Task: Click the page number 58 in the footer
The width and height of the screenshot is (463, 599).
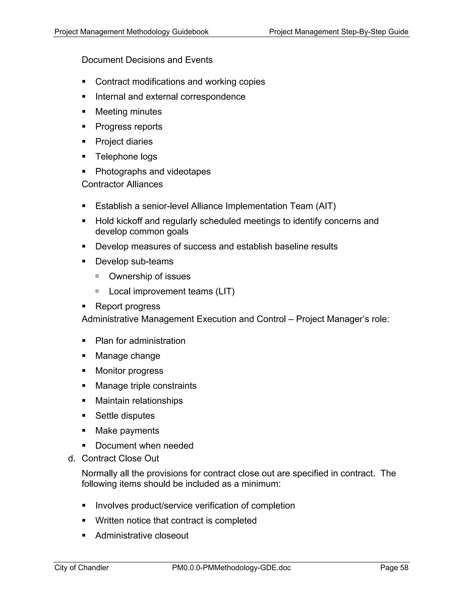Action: (x=404, y=568)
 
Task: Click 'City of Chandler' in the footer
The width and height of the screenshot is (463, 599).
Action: (x=81, y=568)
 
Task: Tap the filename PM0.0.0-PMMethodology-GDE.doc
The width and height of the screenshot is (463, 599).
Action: (x=231, y=568)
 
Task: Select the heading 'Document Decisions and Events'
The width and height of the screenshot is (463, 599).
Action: (x=147, y=60)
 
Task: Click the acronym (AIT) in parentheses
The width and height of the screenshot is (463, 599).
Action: (x=326, y=206)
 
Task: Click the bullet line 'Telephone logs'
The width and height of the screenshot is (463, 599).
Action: (x=126, y=157)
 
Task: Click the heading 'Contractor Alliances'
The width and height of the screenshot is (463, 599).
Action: (x=122, y=184)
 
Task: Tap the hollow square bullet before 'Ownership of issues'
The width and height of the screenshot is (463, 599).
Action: (x=97, y=276)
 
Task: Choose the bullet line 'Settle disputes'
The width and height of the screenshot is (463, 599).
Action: (x=125, y=416)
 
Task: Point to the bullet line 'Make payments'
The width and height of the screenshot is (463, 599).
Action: (x=127, y=431)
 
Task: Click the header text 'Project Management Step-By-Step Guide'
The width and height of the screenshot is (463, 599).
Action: (x=338, y=32)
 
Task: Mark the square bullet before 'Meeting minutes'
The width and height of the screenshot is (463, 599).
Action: (x=84, y=112)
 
